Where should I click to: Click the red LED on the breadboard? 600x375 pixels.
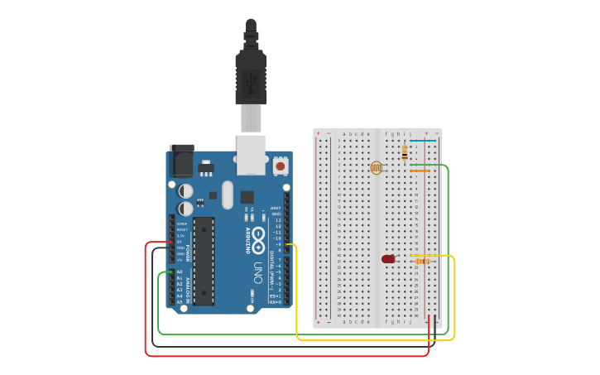(x=388, y=259)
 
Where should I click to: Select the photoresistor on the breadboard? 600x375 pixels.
(x=377, y=168)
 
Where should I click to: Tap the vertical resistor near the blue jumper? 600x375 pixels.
(x=404, y=153)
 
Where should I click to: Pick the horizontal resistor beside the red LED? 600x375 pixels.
(x=423, y=261)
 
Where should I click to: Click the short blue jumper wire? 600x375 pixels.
(x=423, y=141)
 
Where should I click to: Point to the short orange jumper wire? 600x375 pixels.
(x=420, y=171)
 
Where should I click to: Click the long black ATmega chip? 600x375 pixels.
(x=204, y=260)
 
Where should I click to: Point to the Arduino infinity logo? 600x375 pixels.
(x=258, y=239)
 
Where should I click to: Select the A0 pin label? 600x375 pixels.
(x=180, y=272)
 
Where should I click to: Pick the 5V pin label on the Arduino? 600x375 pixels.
(x=180, y=242)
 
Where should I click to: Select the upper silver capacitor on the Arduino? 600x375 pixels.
(x=186, y=191)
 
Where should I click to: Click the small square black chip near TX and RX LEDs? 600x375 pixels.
(x=247, y=197)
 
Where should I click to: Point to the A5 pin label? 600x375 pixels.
(x=180, y=302)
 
